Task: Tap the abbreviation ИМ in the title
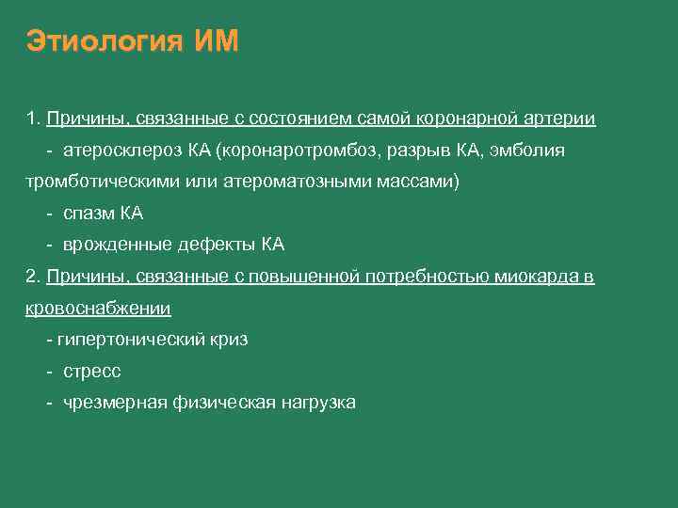pos(218,42)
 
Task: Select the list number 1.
pos(32,119)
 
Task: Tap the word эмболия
pos(531,151)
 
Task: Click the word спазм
pos(87,214)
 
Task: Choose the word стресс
pos(92,372)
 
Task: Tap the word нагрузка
pos(317,403)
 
